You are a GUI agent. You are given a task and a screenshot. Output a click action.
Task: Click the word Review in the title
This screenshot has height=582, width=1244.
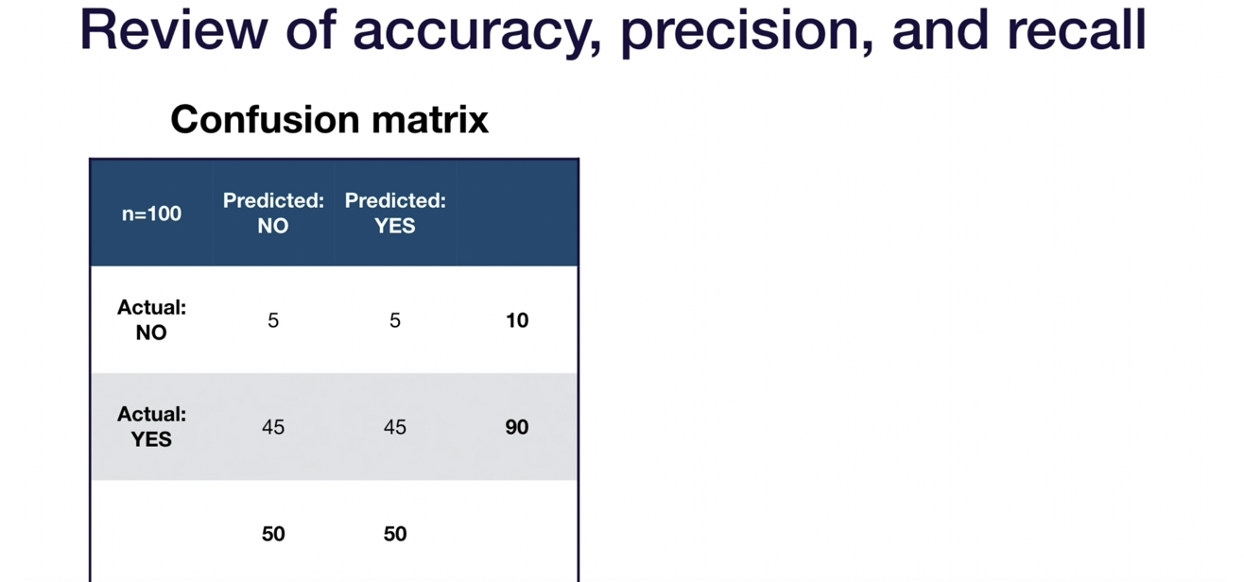tap(174, 29)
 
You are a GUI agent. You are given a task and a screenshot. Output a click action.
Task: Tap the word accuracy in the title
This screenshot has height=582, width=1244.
tap(476, 33)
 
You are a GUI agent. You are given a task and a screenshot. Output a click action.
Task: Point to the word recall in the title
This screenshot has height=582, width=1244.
tap(1077, 29)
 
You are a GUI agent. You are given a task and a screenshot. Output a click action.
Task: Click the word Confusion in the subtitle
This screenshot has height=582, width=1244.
tap(265, 119)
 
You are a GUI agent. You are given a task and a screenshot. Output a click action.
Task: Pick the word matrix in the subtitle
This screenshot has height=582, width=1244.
tap(430, 119)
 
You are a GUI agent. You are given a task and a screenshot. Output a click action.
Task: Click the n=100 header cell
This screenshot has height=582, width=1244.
tap(151, 214)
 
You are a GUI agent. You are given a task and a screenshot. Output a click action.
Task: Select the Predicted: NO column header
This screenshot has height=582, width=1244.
tap(273, 213)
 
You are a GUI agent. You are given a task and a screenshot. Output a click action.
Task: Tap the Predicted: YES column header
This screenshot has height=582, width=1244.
tap(395, 213)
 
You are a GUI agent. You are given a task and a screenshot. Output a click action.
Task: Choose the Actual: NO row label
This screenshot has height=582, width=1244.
tap(151, 320)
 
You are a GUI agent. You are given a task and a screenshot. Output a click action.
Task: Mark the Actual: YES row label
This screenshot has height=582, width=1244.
tap(151, 427)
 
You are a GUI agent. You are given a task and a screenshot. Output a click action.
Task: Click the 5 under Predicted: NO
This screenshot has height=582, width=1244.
tap(273, 320)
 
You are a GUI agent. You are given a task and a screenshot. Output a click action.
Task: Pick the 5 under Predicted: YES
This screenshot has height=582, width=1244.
tap(395, 320)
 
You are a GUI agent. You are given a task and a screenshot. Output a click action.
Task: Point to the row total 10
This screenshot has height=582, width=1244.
tap(517, 320)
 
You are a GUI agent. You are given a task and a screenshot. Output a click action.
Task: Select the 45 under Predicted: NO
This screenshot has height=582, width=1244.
tap(273, 427)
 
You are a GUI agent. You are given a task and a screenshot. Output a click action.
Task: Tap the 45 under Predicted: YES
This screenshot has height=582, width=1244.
tap(395, 427)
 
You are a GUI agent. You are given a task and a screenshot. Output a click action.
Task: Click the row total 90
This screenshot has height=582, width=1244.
tap(517, 427)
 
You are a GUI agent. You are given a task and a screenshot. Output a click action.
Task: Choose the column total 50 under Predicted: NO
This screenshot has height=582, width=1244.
tap(273, 534)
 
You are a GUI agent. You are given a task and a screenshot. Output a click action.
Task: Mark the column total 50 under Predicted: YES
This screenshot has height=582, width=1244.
tap(395, 534)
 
